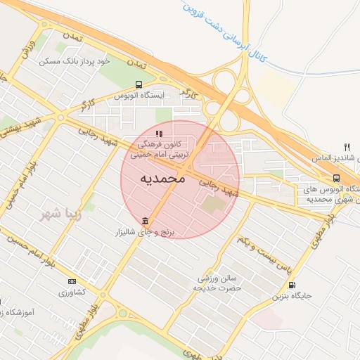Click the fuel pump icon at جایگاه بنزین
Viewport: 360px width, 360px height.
(x=292, y=285)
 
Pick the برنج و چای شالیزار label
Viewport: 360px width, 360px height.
(x=149, y=231)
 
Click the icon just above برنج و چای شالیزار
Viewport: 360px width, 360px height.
(x=144, y=220)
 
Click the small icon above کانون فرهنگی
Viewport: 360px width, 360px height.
(x=160, y=133)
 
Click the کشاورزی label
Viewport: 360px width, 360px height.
(x=71, y=292)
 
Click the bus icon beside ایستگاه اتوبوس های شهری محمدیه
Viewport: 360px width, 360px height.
(x=336, y=179)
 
